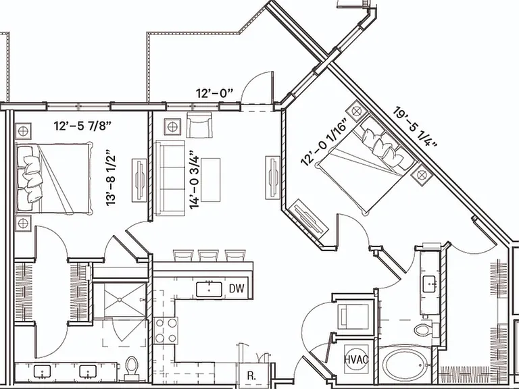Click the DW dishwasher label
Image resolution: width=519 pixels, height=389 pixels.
237,288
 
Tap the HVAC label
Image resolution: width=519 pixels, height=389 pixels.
356,359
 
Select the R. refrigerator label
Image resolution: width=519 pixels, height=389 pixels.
251,375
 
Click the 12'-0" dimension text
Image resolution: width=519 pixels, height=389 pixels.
214,93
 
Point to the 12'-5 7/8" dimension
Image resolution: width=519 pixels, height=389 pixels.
82,126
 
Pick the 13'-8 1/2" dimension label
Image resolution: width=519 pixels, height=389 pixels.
111,178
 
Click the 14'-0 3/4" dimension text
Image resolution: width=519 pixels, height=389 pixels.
195,180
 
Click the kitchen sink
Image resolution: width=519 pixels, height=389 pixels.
209,290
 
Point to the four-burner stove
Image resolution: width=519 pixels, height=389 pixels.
166,330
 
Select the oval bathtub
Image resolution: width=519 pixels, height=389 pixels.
403,364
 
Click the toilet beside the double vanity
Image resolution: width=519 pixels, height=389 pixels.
132,368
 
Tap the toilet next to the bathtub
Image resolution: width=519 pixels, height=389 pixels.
424,330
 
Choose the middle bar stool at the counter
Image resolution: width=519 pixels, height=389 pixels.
208,255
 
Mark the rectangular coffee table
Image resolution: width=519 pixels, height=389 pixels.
211,180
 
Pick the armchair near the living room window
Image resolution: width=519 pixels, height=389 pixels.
199,125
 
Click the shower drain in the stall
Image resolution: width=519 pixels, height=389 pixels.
119,300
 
